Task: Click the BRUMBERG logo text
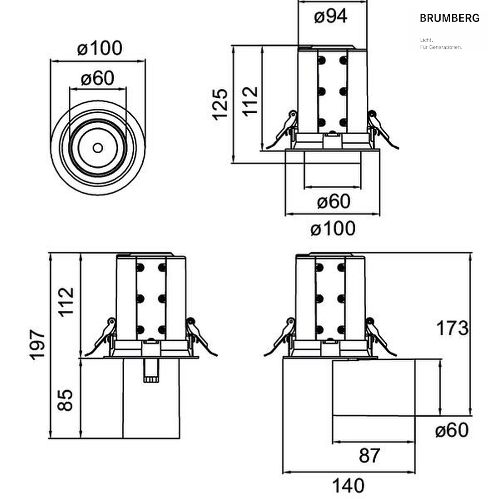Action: tap(450, 18)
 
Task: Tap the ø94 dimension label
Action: tap(330, 16)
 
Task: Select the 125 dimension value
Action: tap(220, 104)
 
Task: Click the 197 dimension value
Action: tap(37, 345)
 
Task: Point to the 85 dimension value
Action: tap(65, 400)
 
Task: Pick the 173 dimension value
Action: tap(452, 328)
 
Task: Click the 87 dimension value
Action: tap(369, 456)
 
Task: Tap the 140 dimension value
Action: tap(348, 486)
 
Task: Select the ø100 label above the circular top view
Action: tap(99, 48)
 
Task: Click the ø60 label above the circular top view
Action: tap(97, 78)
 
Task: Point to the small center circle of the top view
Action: tap(98, 148)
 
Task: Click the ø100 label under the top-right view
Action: tap(333, 229)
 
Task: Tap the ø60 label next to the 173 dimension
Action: tap(452, 430)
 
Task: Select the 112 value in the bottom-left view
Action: tap(66, 302)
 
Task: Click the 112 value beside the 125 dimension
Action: tap(250, 101)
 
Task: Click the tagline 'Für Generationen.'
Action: tap(441, 47)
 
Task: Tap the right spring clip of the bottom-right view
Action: tap(381, 337)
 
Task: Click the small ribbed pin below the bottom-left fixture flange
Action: tap(151, 370)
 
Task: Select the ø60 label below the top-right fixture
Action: tap(333, 201)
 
